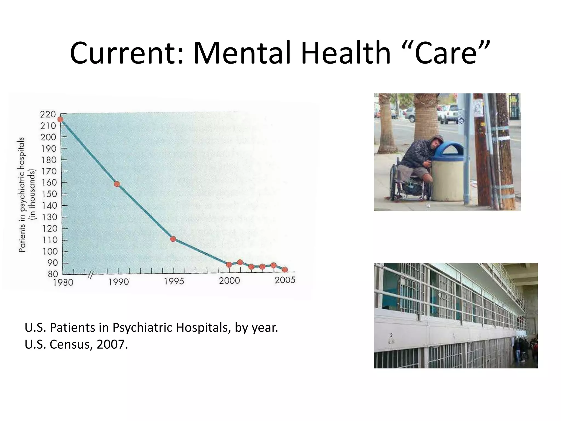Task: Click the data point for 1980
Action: (x=60, y=119)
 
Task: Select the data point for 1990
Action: (x=117, y=184)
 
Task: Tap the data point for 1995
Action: (x=173, y=239)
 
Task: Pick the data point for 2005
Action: (x=285, y=270)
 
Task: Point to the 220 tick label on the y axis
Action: (x=48, y=114)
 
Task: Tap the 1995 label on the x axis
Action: (x=174, y=282)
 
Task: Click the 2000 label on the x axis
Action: (x=230, y=281)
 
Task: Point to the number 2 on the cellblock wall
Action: (x=391, y=335)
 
